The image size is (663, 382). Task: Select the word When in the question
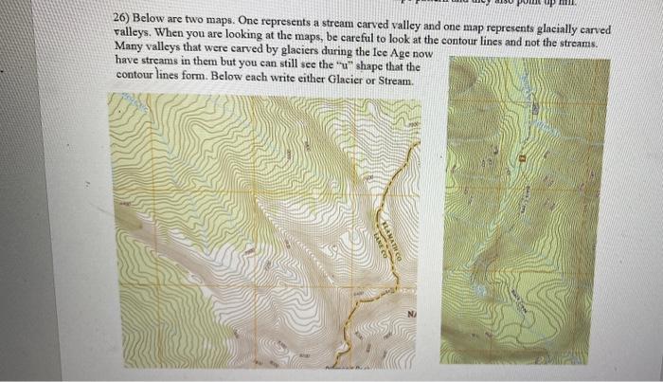click(x=172, y=33)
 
